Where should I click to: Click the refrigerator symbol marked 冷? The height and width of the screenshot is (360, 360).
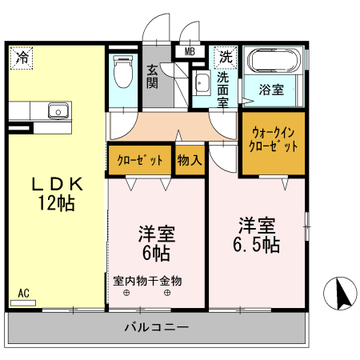[22, 58]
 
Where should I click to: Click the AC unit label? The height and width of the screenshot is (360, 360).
[24, 294]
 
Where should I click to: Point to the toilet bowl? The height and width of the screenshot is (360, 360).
[123, 73]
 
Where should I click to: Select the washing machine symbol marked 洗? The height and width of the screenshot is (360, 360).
[226, 57]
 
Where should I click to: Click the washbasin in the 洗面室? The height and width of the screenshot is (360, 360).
[201, 84]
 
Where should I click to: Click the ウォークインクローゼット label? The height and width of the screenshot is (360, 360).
[274, 140]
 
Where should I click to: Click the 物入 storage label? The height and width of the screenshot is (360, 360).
[189, 160]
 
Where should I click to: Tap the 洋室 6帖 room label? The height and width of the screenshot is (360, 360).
[157, 243]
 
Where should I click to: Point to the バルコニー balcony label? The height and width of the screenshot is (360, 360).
[157, 327]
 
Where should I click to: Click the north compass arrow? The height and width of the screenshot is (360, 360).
[340, 294]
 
